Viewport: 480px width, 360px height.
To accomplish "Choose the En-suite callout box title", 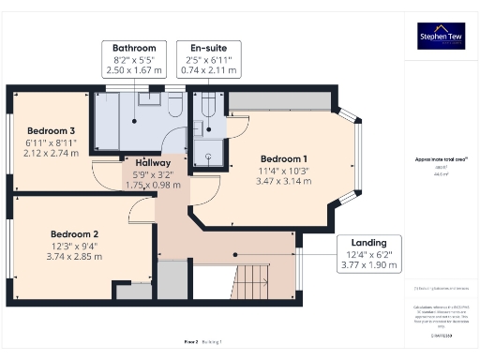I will pos(215,48).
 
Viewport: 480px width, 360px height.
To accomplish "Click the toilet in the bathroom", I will pos(174,106).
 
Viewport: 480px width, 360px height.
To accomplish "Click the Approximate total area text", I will pos(441,159).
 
